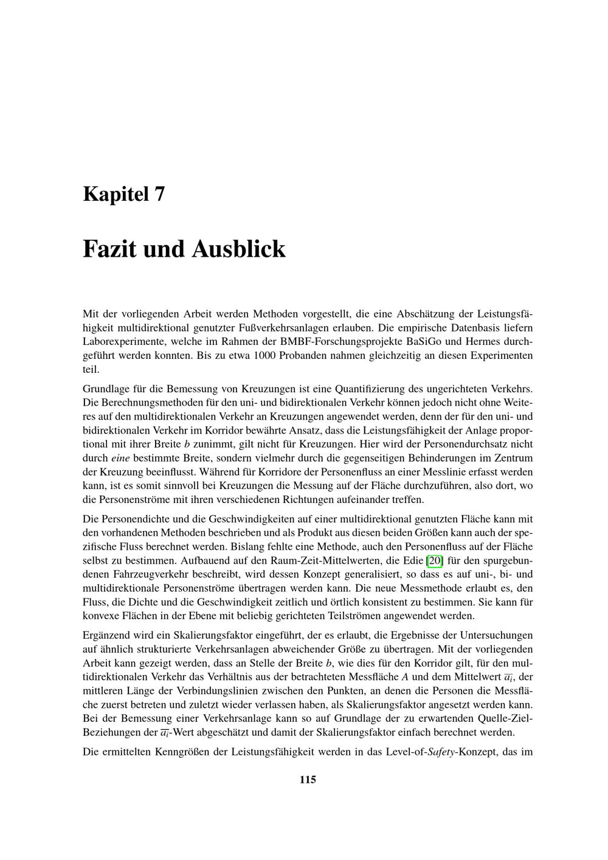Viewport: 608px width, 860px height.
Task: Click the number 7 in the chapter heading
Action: (x=159, y=194)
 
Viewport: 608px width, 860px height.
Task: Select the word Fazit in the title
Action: (x=109, y=249)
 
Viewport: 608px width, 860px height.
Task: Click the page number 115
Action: (x=308, y=779)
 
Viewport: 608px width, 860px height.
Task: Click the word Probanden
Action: (x=302, y=355)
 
